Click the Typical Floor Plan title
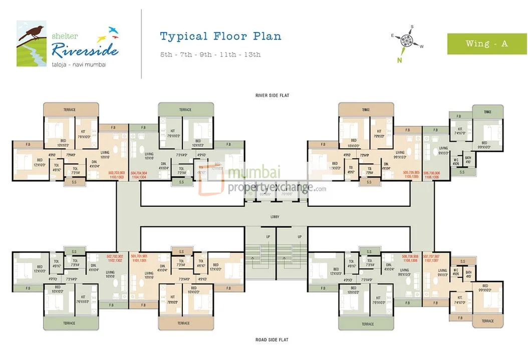click(x=220, y=36)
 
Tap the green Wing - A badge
click(x=486, y=44)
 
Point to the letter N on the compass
click(x=400, y=60)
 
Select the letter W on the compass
click(x=422, y=47)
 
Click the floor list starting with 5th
click(x=210, y=55)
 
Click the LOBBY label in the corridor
click(x=274, y=216)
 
